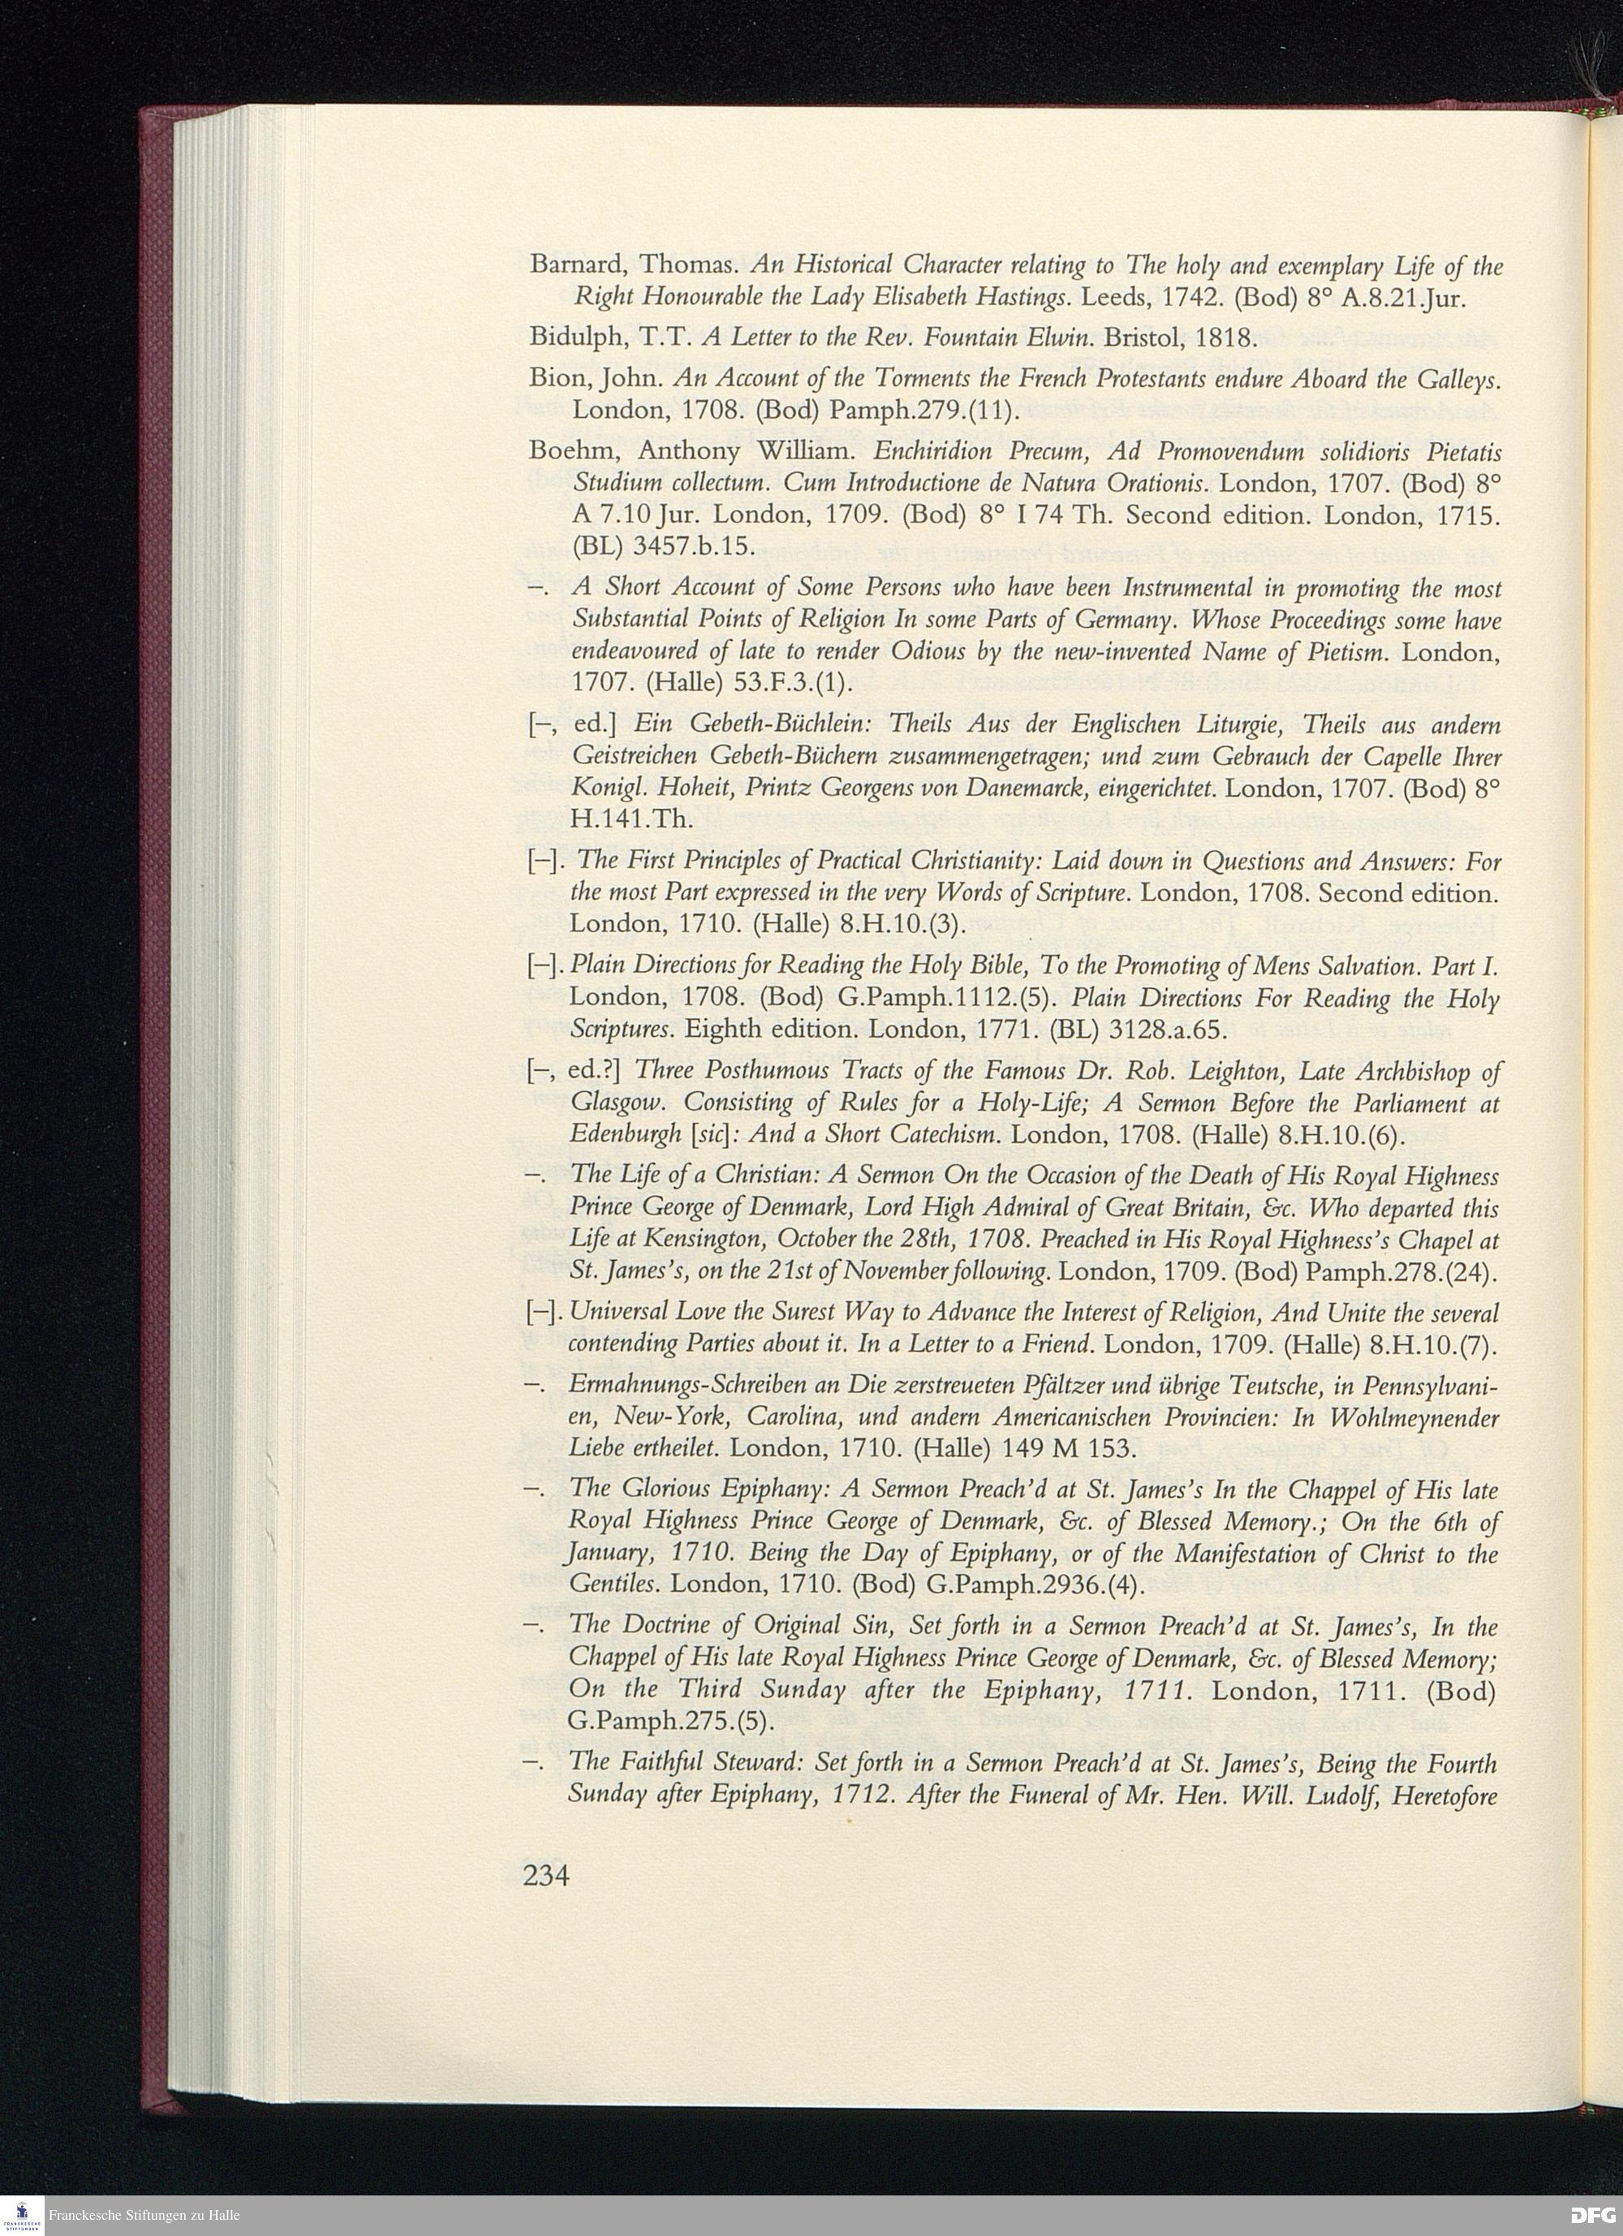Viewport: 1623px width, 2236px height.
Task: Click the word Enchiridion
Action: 931,452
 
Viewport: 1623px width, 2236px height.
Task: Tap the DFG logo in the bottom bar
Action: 1594,2215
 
